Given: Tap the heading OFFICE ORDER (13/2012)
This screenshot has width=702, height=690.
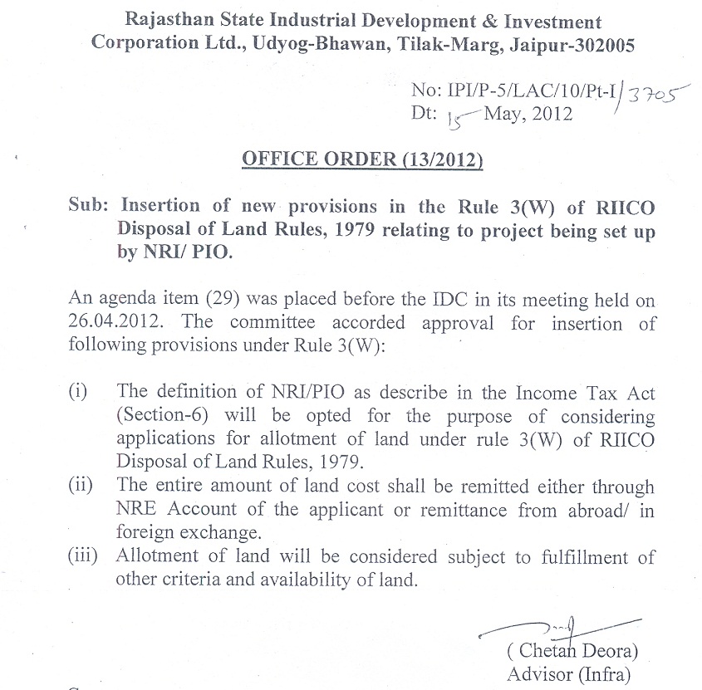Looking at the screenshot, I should pyautogui.click(x=362, y=159).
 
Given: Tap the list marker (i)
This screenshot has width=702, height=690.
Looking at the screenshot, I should pyautogui.click(x=77, y=391).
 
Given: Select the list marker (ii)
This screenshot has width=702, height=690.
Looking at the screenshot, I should pyautogui.click(x=80, y=485).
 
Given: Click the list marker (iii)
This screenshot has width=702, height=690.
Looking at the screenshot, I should pyautogui.click(x=82, y=556).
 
